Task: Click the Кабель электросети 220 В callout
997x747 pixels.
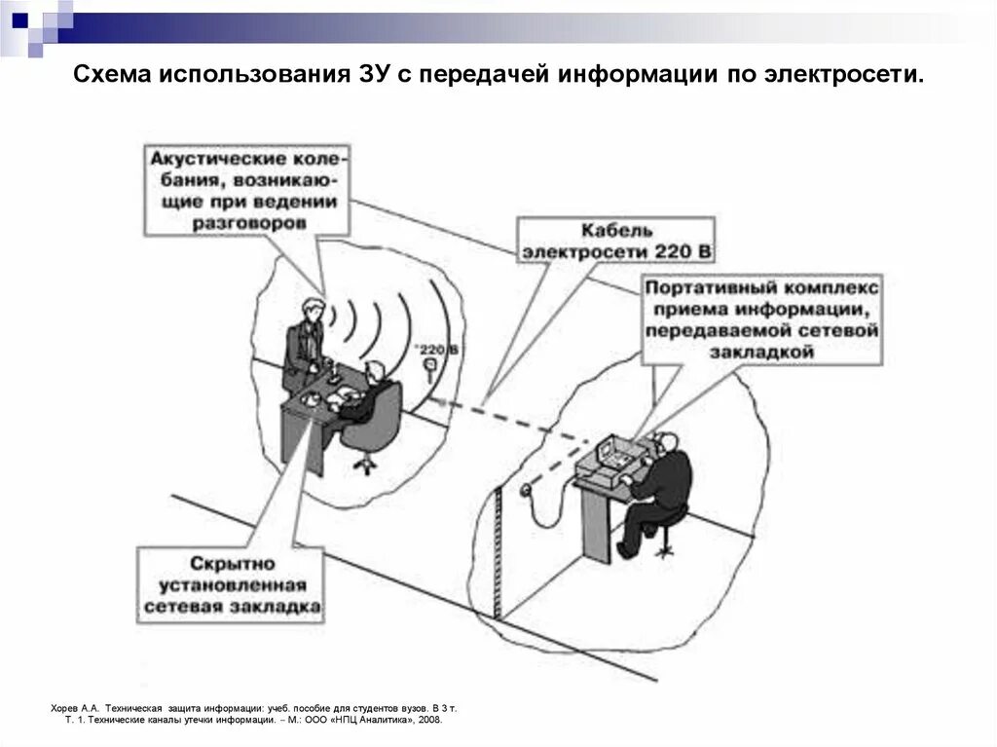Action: (615, 241)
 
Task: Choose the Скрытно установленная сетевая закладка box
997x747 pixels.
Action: (231, 584)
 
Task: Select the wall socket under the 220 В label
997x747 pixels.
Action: (429, 366)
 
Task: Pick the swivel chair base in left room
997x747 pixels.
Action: (365, 465)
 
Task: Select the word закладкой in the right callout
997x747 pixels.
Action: (761, 353)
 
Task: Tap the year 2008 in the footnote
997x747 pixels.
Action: (428, 720)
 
